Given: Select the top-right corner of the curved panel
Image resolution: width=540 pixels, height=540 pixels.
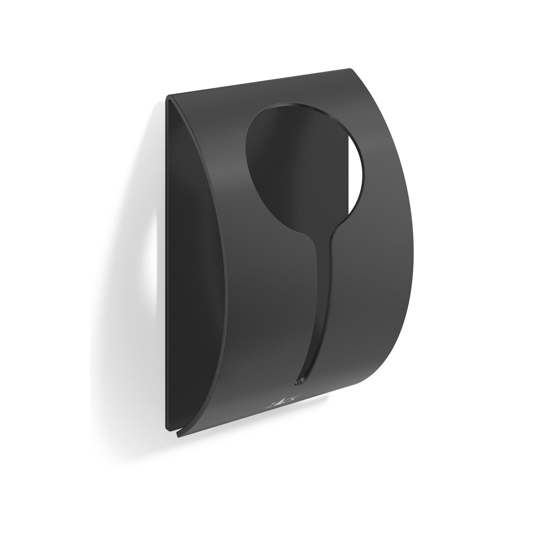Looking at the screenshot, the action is [x=350, y=68].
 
